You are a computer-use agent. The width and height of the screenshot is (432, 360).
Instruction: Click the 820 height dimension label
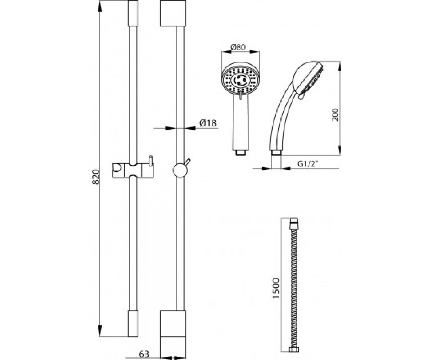[96, 177]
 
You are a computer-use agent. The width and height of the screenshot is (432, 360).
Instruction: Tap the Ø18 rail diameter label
[208, 123]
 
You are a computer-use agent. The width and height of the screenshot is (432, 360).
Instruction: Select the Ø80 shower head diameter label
[238, 48]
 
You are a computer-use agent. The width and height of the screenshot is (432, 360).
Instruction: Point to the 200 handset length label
[335, 115]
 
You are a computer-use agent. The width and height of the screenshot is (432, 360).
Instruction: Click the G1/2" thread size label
[307, 164]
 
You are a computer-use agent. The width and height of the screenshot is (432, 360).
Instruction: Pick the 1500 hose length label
[276, 288]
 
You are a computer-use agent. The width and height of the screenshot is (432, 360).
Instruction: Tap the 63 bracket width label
[144, 354]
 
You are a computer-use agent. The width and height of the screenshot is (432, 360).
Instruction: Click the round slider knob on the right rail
[180, 170]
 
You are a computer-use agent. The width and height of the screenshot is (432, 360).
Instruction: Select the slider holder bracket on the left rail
[133, 170]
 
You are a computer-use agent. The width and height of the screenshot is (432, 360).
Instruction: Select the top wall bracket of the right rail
[173, 13]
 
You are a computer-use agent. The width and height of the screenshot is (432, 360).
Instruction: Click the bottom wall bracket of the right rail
[173, 334]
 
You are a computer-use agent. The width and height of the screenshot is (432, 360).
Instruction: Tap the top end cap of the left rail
[133, 13]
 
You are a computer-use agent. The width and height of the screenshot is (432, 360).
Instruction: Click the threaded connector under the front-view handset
[240, 153]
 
